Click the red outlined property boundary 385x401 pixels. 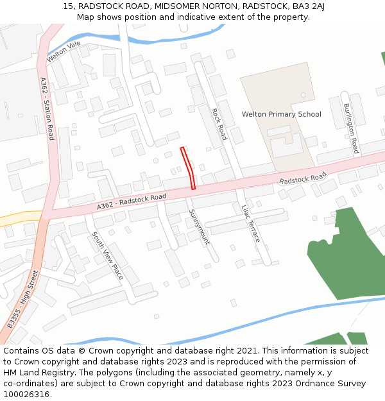(x=189, y=167)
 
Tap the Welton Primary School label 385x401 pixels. (x=281, y=114)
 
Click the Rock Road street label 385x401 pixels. (x=219, y=124)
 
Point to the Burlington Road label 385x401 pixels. (x=350, y=128)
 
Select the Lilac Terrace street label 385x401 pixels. (x=252, y=224)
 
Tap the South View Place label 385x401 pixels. (x=107, y=255)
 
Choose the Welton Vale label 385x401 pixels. (x=63, y=51)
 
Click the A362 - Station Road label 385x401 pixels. (x=47, y=109)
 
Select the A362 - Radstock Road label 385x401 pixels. (x=132, y=201)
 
